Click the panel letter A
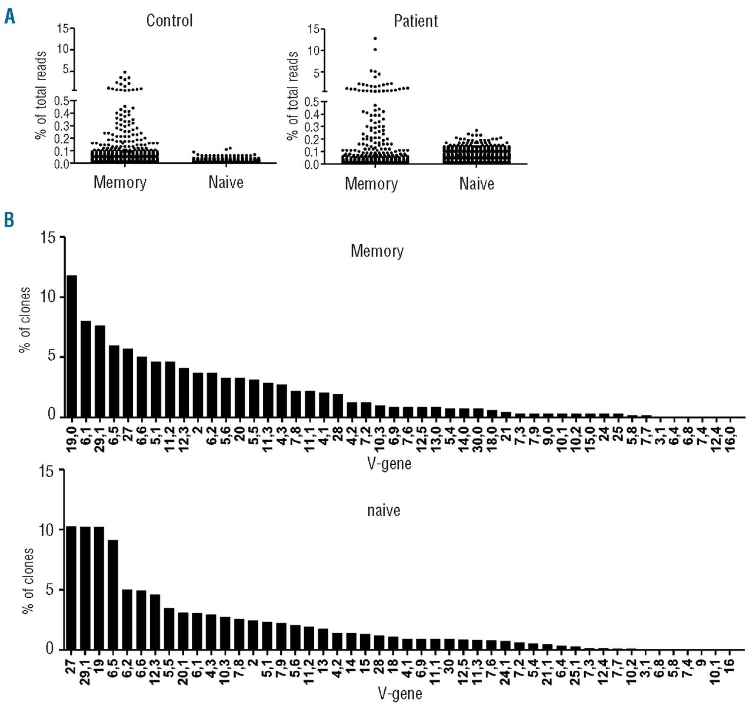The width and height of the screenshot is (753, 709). point(9,16)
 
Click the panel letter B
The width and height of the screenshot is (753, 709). point(9,219)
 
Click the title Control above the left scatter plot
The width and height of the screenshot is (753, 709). point(169,21)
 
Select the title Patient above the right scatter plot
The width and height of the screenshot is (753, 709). point(416,21)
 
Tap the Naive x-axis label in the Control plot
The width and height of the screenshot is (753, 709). point(226,182)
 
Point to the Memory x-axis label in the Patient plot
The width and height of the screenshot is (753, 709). point(371,184)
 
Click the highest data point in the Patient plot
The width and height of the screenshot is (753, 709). point(375,38)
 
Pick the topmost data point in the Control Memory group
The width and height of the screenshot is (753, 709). point(125,72)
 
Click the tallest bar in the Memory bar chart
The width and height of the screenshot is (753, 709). point(72,346)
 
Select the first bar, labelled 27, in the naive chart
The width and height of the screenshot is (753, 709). point(71,587)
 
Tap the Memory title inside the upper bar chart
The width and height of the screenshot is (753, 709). point(377,251)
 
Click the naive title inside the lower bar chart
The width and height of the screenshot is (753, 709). point(384,510)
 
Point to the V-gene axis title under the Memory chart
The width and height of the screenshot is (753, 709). point(389,464)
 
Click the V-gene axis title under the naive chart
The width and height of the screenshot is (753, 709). point(400,694)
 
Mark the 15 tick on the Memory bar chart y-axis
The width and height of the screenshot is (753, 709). point(48,238)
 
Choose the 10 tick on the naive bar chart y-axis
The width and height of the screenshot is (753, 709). point(46,530)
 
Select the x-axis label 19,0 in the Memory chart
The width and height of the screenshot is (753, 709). point(72,435)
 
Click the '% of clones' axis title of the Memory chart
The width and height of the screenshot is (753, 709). point(25,319)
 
